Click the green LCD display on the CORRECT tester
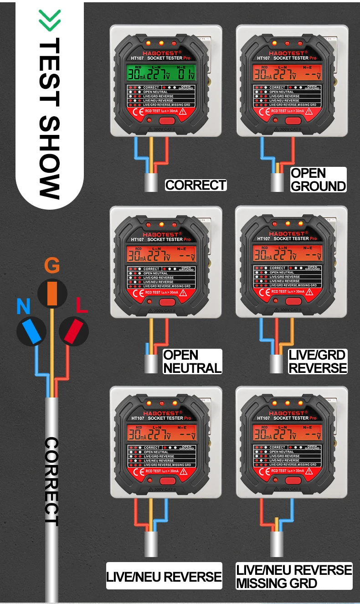(161, 73)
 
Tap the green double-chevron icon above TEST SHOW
(50, 21)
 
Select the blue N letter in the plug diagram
(23, 306)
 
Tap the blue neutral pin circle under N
(31, 331)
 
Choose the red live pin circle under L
(73, 331)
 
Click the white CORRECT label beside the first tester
(195, 185)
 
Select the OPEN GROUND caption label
(318, 179)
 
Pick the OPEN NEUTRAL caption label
(192, 361)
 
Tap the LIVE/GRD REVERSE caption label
(318, 361)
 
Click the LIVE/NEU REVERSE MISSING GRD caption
(294, 576)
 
